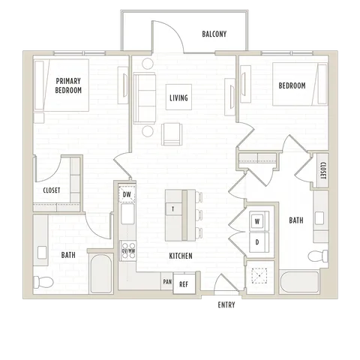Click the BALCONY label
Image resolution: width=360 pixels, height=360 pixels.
point(214,34)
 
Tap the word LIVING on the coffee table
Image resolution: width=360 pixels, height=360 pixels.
point(178,97)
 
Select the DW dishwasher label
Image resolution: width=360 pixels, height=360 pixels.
point(127,194)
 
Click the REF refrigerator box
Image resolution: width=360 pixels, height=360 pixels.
point(184,283)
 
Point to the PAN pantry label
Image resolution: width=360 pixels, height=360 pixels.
point(167,282)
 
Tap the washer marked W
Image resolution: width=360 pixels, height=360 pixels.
point(257,221)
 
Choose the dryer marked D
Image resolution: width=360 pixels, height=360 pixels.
point(257,242)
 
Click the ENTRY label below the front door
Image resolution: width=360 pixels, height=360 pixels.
point(226,304)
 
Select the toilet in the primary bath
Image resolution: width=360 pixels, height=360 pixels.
point(43,282)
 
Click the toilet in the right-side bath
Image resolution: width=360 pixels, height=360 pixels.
point(318,256)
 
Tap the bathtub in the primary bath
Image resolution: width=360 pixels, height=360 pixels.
point(101,274)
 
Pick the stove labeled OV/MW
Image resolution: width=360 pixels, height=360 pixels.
point(128,251)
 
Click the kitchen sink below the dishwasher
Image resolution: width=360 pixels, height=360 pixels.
point(127,214)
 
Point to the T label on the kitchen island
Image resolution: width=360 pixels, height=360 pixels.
point(173,209)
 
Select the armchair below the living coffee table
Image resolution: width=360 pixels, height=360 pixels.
point(172,134)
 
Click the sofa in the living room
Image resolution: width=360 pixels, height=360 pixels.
point(144,98)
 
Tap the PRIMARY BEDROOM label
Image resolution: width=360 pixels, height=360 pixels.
point(68,85)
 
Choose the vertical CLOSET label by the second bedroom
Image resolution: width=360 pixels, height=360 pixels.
point(323,171)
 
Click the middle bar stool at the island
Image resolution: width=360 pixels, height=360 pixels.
point(199,215)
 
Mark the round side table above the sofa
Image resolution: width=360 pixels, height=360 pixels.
point(148,64)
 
